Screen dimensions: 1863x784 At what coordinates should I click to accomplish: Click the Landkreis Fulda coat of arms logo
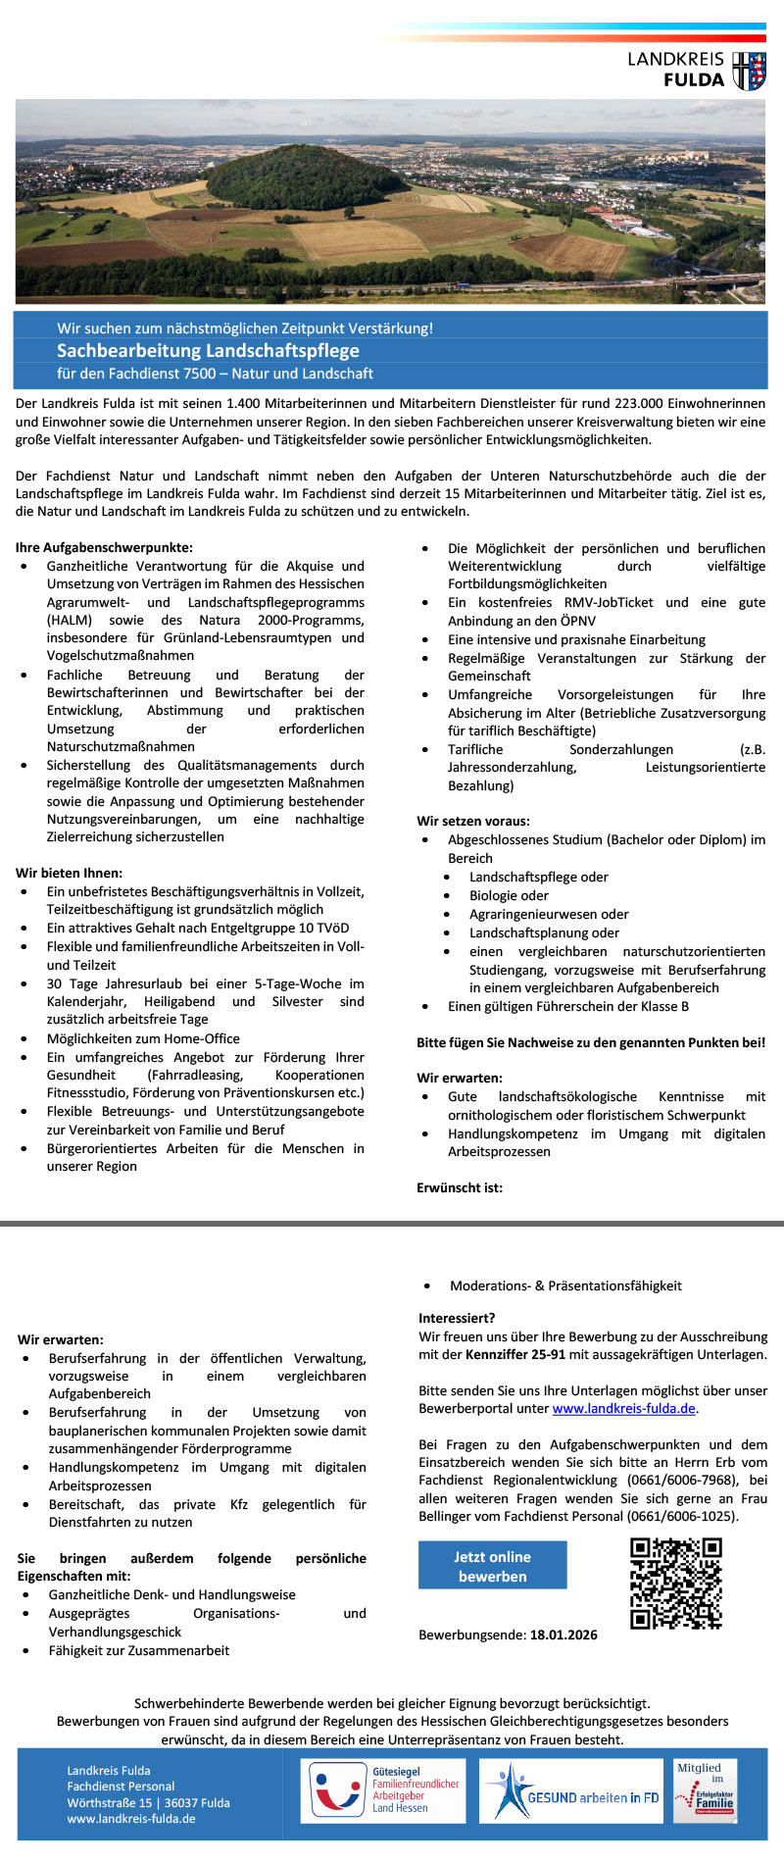click(x=750, y=72)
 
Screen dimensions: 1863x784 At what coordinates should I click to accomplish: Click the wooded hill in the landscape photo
click(x=307, y=179)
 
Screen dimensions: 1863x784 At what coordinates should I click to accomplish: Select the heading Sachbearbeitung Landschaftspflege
click(x=208, y=351)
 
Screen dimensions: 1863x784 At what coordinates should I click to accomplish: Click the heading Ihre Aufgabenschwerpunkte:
click(x=104, y=548)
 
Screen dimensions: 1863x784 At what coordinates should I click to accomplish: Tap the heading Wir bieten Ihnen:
click(x=69, y=873)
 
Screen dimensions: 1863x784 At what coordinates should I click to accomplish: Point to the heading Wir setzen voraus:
click(x=473, y=821)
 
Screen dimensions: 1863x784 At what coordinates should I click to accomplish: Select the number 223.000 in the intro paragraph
click(x=637, y=404)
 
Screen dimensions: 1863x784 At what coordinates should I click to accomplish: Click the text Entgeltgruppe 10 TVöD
click(x=283, y=928)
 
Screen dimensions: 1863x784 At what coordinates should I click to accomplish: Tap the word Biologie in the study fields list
click(x=497, y=895)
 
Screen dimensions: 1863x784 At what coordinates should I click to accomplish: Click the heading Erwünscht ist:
click(x=460, y=1187)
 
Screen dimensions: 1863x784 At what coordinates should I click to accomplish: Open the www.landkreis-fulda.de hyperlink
click(x=623, y=1409)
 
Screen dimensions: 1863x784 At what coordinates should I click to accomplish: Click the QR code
click(x=675, y=1584)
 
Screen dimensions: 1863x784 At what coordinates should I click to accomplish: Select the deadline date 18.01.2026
click(x=563, y=1635)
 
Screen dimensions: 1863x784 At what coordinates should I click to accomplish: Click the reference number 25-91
click(x=546, y=1354)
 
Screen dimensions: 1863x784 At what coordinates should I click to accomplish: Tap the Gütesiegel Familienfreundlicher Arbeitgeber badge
click(x=383, y=1790)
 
